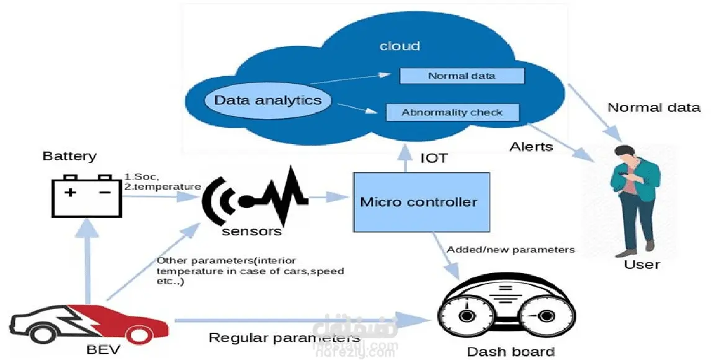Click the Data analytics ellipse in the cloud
pos(267,101)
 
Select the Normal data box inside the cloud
pos(462,76)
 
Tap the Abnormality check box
pos(452,112)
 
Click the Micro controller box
pos(419,202)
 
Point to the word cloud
pos(400,46)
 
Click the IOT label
pos(434,158)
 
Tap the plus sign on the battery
pos(71,192)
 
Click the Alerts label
pos(531,147)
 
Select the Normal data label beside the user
pos(654,107)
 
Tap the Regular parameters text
pos(284,338)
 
